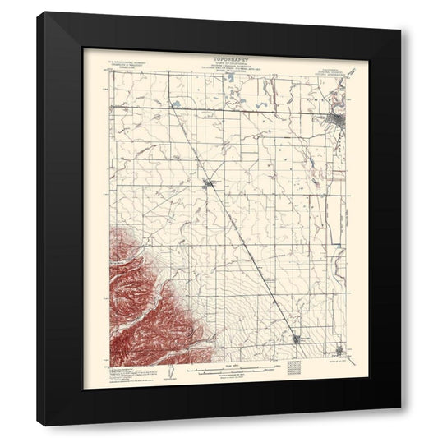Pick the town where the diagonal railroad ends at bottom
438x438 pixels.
(297, 336)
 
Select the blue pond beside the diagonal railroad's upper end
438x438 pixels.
(175, 104)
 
